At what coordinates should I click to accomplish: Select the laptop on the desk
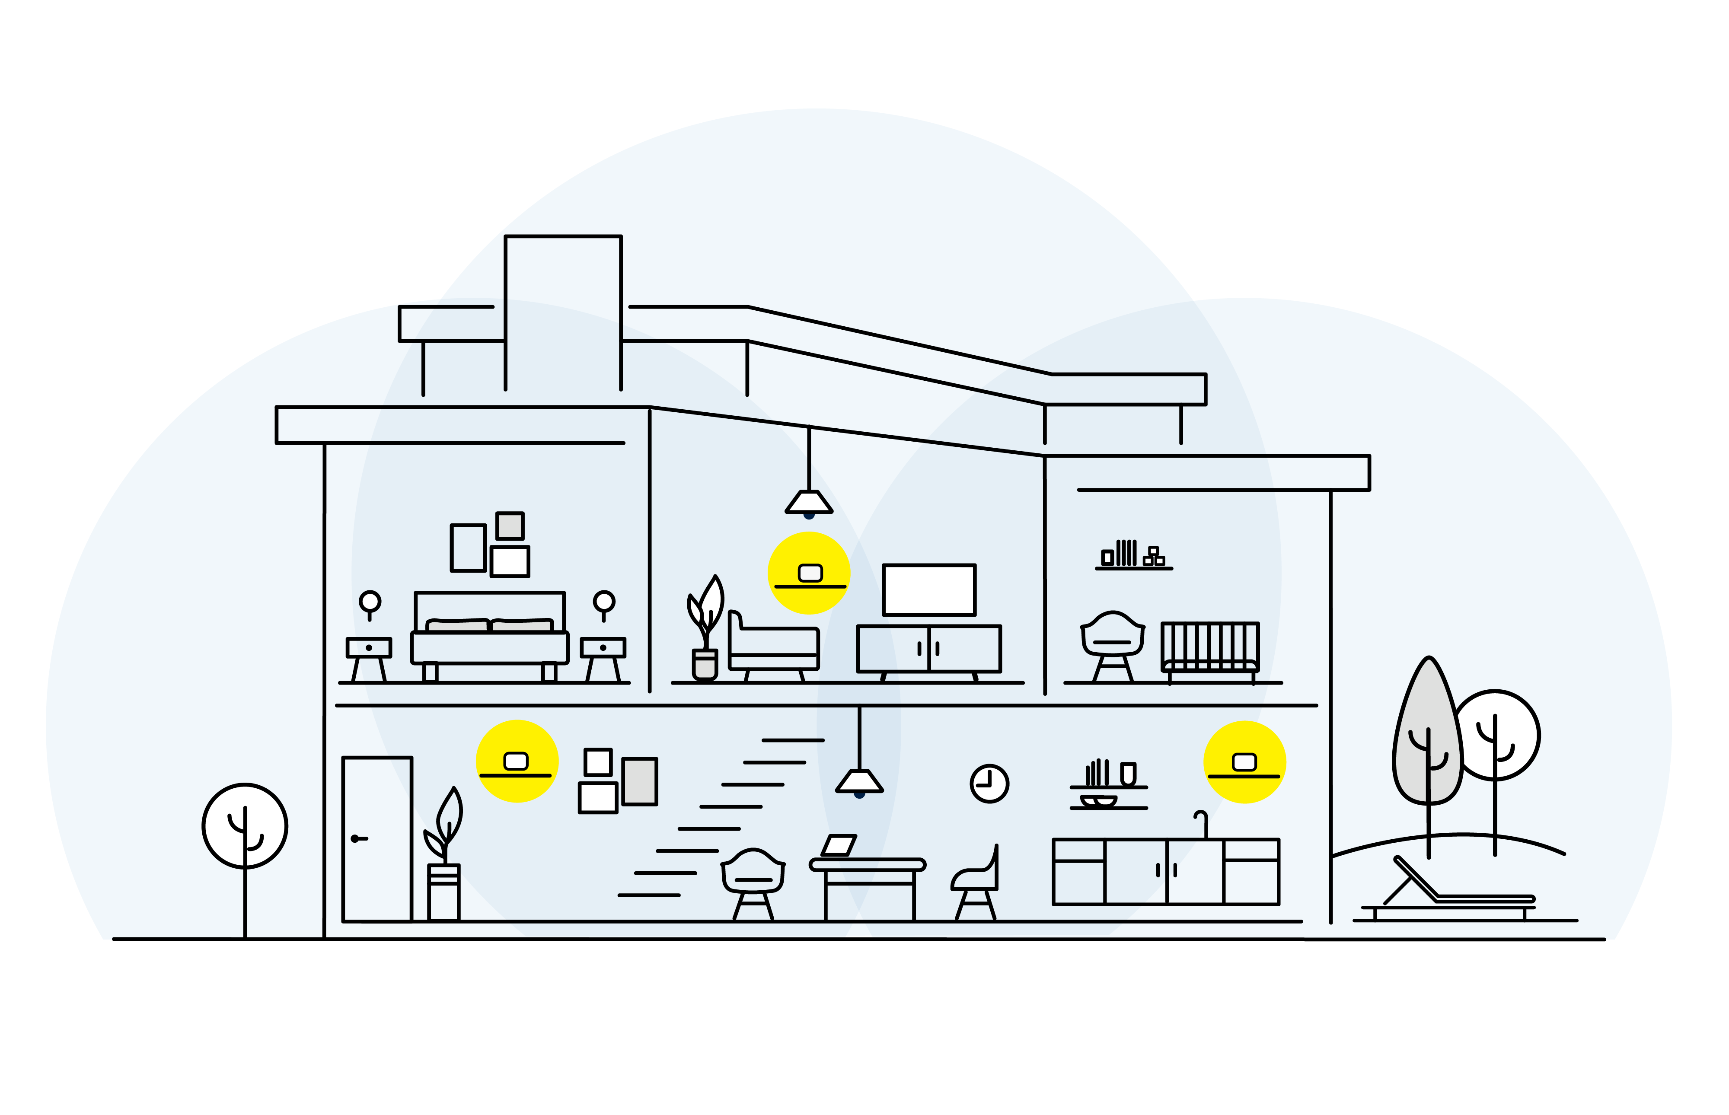(839, 845)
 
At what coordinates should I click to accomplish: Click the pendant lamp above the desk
(859, 781)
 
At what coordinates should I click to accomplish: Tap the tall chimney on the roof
(563, 311)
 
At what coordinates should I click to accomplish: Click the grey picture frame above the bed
(510, 526)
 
